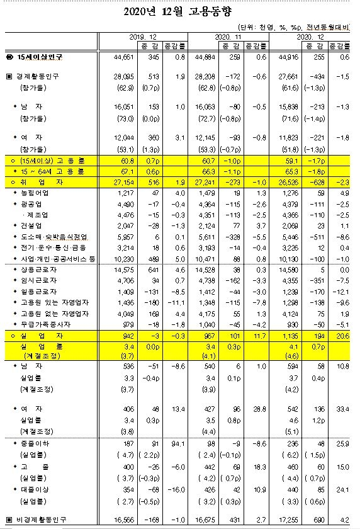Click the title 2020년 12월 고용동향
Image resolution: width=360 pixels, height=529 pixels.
click(179, 11)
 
